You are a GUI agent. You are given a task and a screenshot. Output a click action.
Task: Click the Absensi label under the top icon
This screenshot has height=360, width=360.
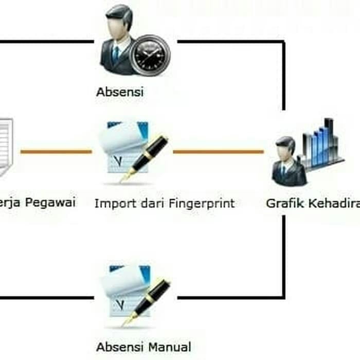(x=119, y=92)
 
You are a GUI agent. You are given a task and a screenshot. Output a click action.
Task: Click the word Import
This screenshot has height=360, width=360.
(x=111, y=203)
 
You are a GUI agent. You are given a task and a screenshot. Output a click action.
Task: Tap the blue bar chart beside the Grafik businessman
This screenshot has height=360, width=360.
(x=322, y=144)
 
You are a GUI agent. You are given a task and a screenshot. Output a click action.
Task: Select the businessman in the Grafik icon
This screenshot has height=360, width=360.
(x=288, y=162)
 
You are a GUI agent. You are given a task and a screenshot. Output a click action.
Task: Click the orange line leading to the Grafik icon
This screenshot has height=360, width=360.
(x=218, y=152)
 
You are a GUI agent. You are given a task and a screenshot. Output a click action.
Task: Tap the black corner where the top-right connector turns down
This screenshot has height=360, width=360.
(x=283, y=42)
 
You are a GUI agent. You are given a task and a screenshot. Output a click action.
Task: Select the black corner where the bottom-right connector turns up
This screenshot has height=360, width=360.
(x=283, y=297)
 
